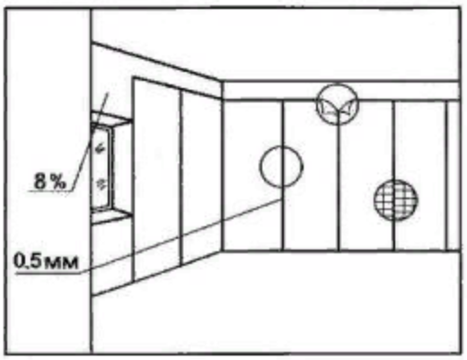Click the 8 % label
coord(49,181)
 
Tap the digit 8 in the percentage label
coord(40,181)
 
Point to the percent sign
coord(57,181)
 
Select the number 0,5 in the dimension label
coord(28,261)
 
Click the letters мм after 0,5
coord(61,263)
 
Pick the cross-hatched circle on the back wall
coord(395,200)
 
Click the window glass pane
coord(101,168)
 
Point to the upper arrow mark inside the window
coord(101,148)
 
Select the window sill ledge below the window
coord(110,216)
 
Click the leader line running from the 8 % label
coord(90,141)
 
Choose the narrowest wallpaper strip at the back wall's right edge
coord(453,176)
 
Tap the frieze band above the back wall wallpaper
coord(341,91)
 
